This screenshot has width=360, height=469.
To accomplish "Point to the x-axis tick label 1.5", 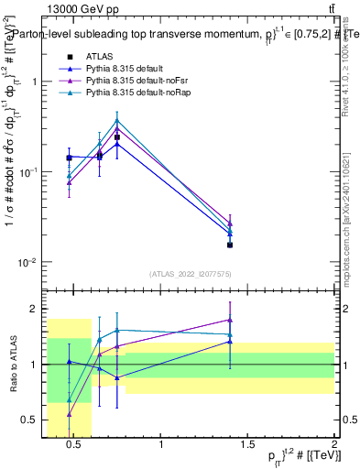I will (x=247, y=446).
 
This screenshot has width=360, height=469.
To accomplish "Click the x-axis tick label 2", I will (x=334, y=446).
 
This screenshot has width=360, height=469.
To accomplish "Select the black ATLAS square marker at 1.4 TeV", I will (x=230, y=245).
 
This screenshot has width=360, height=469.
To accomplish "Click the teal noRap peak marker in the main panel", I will (x=117, y=120).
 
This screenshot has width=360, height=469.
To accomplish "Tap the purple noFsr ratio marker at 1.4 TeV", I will (x=230, y=320).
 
